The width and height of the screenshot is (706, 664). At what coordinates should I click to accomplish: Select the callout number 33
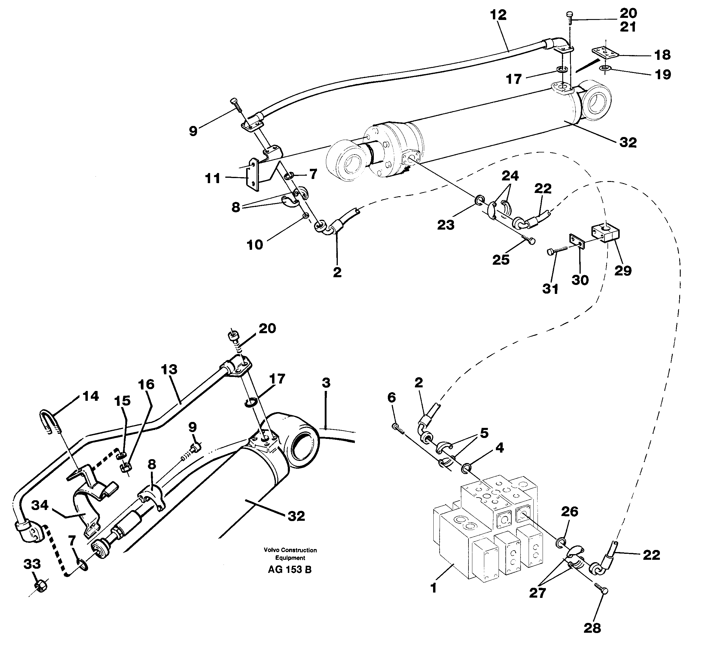pyautogui.click(x=32, y=564)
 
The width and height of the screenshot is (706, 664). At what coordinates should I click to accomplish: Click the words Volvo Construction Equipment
pyautogui.click(x=290, y=554)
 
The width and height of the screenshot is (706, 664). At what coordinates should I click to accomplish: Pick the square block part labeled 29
pyautogui.click(x=606, y=233)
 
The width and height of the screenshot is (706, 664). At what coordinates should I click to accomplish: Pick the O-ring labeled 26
pyautogui.click(x=560, y=543)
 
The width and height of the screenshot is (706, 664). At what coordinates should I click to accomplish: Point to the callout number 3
pyautogui.click(x=326, y=383)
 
